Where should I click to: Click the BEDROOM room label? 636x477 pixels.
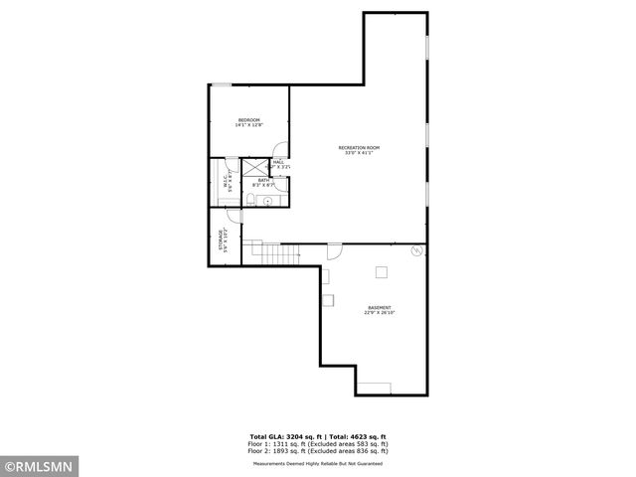coord(247,122)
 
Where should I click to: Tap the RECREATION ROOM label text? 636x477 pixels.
coord(359,150)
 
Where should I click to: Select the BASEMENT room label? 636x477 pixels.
coord(378,309)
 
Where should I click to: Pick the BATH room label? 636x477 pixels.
coord(263,182)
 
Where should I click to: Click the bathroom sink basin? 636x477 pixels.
coord(267,200)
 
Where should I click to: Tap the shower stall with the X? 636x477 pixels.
coord(254,166)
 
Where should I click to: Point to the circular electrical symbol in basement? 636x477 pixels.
coord(416,252)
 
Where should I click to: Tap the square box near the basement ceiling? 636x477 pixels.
coord(381,271)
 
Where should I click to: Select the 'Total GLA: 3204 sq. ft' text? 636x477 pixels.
coord(283,435)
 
